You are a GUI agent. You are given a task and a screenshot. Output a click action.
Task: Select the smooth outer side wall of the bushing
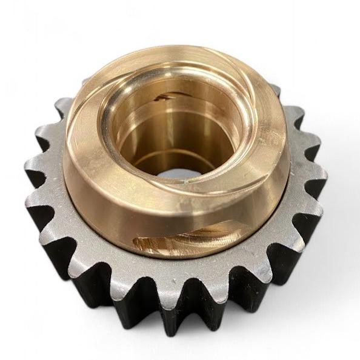tap(97, 200)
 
